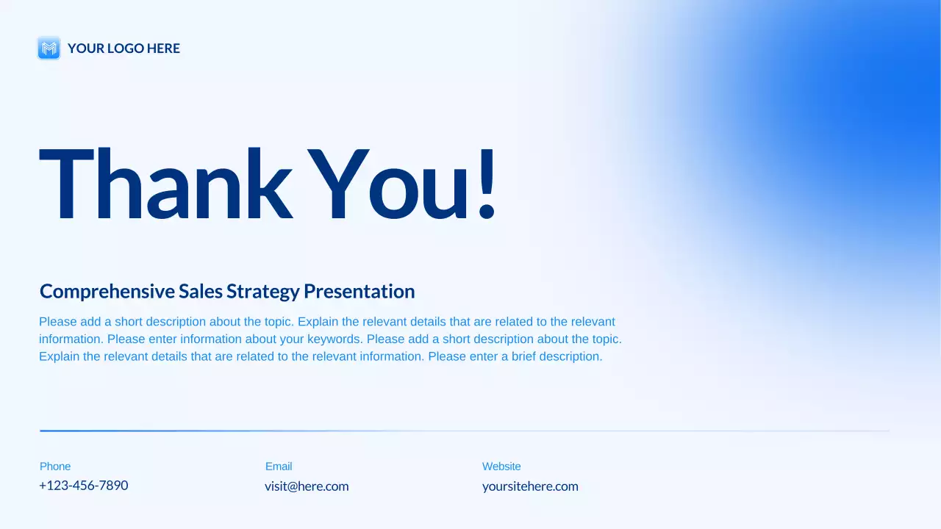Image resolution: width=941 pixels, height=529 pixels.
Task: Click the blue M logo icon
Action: [x=49, y=48]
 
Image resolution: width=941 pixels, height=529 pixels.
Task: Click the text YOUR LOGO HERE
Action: [x=124, y=48]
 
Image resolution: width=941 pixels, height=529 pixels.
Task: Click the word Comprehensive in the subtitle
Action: [x=107, y=292]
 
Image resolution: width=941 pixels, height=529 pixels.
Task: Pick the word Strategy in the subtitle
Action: [x=263, y=292]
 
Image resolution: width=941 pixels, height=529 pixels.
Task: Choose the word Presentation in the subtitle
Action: [x=359, y=292]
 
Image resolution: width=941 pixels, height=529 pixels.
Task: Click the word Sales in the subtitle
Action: [x=201, y=292]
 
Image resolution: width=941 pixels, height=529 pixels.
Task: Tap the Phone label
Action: [x=55, y=467]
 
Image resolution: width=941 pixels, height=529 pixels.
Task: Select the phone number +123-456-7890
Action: [x=83, y=486]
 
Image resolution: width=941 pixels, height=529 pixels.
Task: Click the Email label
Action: [x=279, y=467]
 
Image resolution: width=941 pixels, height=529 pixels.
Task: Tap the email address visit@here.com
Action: [x=307, y=486]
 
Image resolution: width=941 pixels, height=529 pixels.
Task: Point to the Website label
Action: [x=501, y=467]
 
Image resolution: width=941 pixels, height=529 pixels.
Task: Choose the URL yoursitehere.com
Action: [x=530, y=486]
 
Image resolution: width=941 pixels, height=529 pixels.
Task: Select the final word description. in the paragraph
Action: [x=570, y=356]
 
